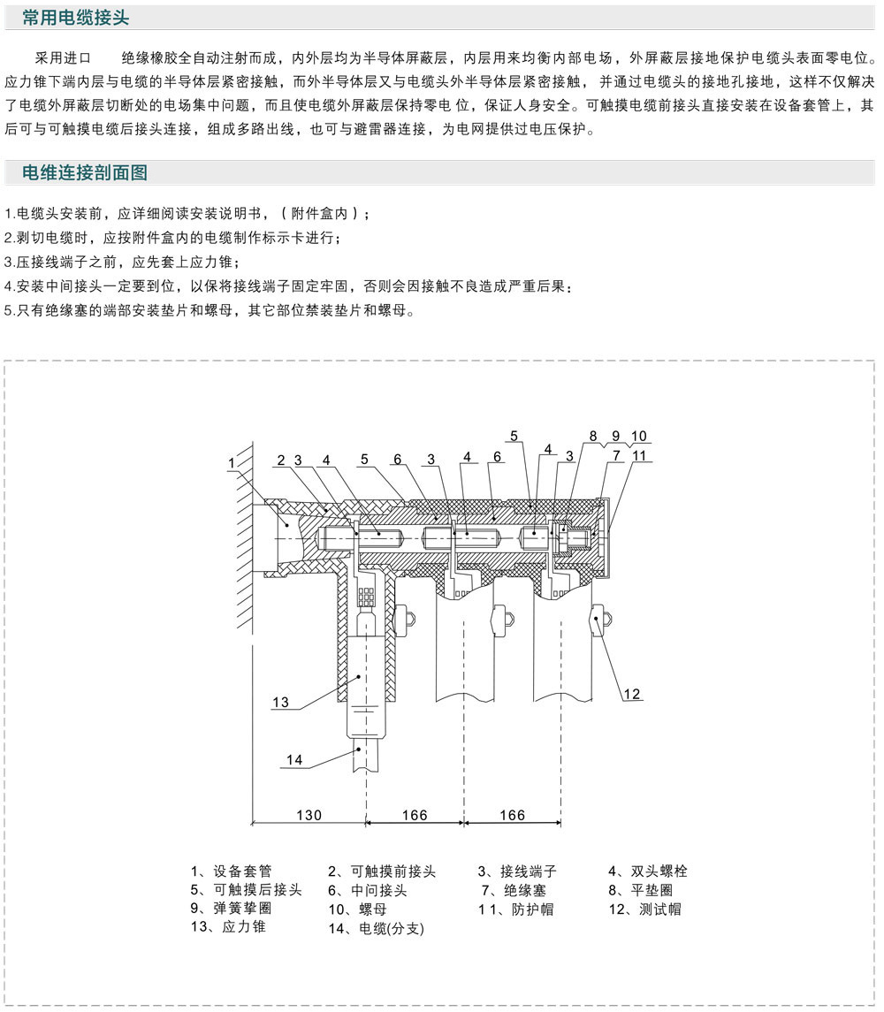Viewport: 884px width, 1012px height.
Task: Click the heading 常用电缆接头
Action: [75, 18]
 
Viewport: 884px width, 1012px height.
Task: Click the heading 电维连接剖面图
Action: [85, 172]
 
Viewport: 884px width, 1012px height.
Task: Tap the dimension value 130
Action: [309, 815]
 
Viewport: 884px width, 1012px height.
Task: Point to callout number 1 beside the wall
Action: [232, 463]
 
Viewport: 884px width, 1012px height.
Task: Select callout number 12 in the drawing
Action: [631, 694]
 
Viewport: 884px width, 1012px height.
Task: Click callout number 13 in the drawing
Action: [280, 702]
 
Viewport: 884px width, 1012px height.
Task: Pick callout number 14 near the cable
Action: [293, 759]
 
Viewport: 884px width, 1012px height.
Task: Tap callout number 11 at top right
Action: [638, 456]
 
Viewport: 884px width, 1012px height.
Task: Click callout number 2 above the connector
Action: [281, 460]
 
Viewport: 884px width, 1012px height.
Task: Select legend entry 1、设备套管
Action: [232, 871]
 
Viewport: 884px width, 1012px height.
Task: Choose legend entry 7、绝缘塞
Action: [514, 890]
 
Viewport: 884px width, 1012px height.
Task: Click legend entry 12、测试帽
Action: [644, 909]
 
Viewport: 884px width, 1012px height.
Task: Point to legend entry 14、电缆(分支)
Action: [376, 928]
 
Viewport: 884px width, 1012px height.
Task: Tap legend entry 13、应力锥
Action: [228, 926]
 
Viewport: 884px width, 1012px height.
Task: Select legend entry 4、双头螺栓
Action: [648, 871]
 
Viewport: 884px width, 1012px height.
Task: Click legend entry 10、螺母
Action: [357, 909]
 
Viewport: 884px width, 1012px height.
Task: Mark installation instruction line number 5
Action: [210, 310]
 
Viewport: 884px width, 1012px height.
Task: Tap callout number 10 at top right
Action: [638, 437]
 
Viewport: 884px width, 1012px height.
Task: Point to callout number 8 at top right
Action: [593, 437]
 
